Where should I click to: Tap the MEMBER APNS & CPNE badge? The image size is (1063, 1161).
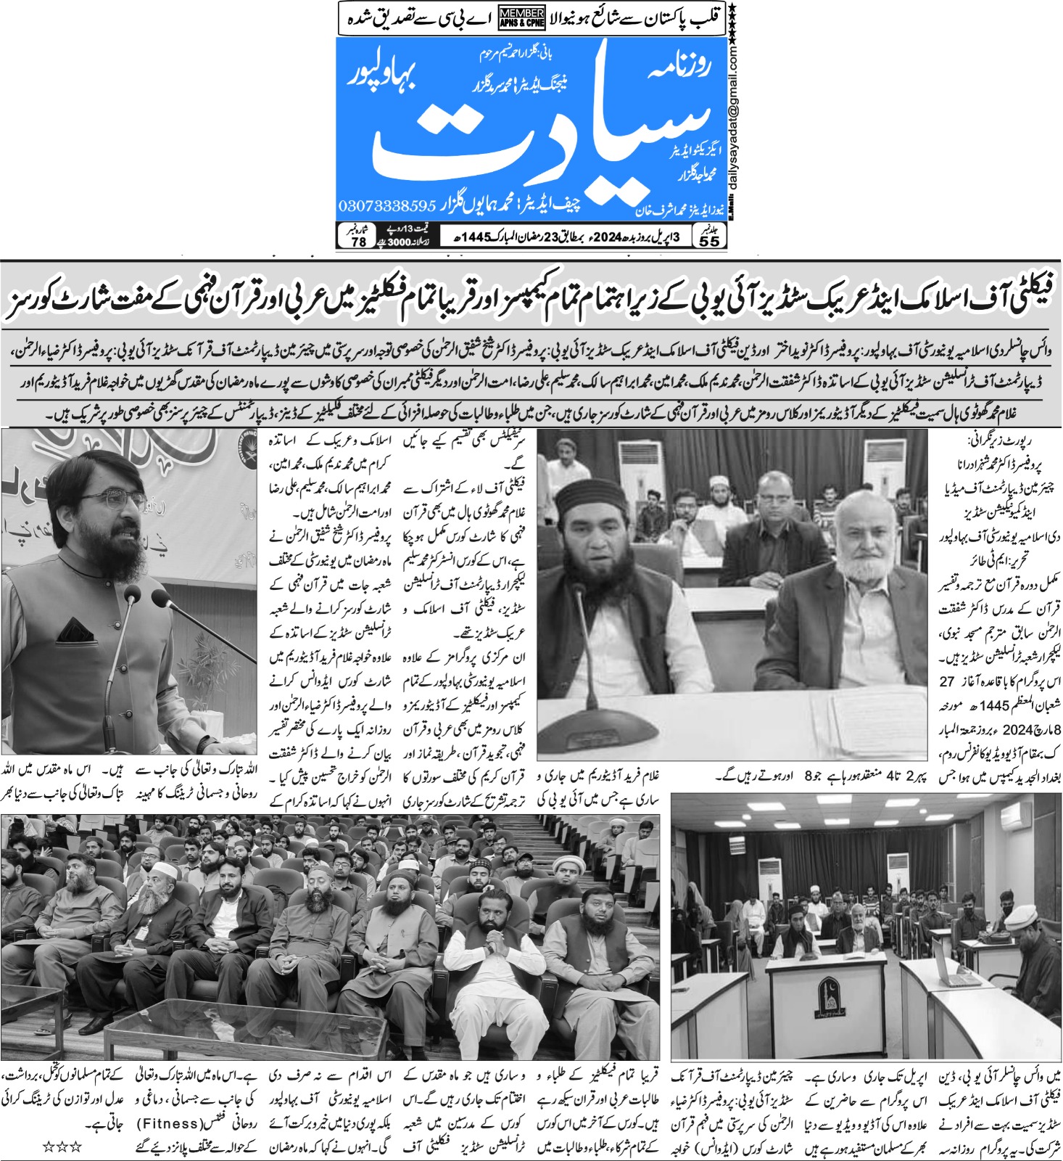click(521, 19)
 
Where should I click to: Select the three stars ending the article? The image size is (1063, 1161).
click(61, 1147)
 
